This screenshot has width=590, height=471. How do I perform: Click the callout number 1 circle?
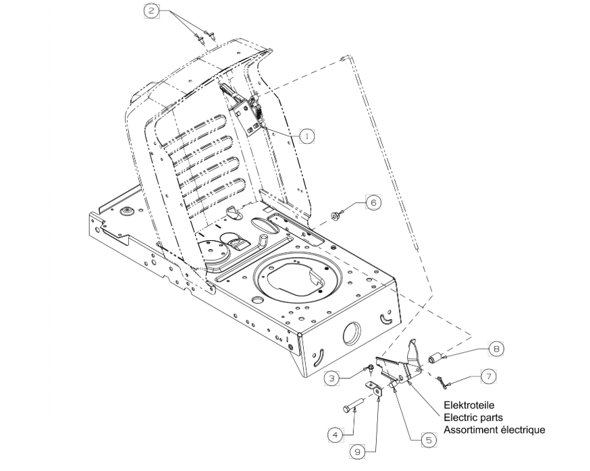[306, 136]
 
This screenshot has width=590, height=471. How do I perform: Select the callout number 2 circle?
[152, 11]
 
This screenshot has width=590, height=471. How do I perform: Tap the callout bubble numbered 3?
[331, 378]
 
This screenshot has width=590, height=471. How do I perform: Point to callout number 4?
[336, 435]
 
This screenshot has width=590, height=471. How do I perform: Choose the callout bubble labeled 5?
[429, 439]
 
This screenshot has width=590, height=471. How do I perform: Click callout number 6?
[373, 202]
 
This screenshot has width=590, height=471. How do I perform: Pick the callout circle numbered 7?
[489, 377]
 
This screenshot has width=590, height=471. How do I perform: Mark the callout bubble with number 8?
[496, 349]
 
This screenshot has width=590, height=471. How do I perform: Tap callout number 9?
[358, 451]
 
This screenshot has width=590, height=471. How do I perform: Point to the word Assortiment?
[471, 430]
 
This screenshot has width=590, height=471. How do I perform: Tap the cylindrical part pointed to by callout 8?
[436, 358]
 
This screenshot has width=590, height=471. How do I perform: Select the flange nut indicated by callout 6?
[335, 217]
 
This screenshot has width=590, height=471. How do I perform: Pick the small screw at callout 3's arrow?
[371, 368]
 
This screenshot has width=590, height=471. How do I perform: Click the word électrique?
[522, 430]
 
